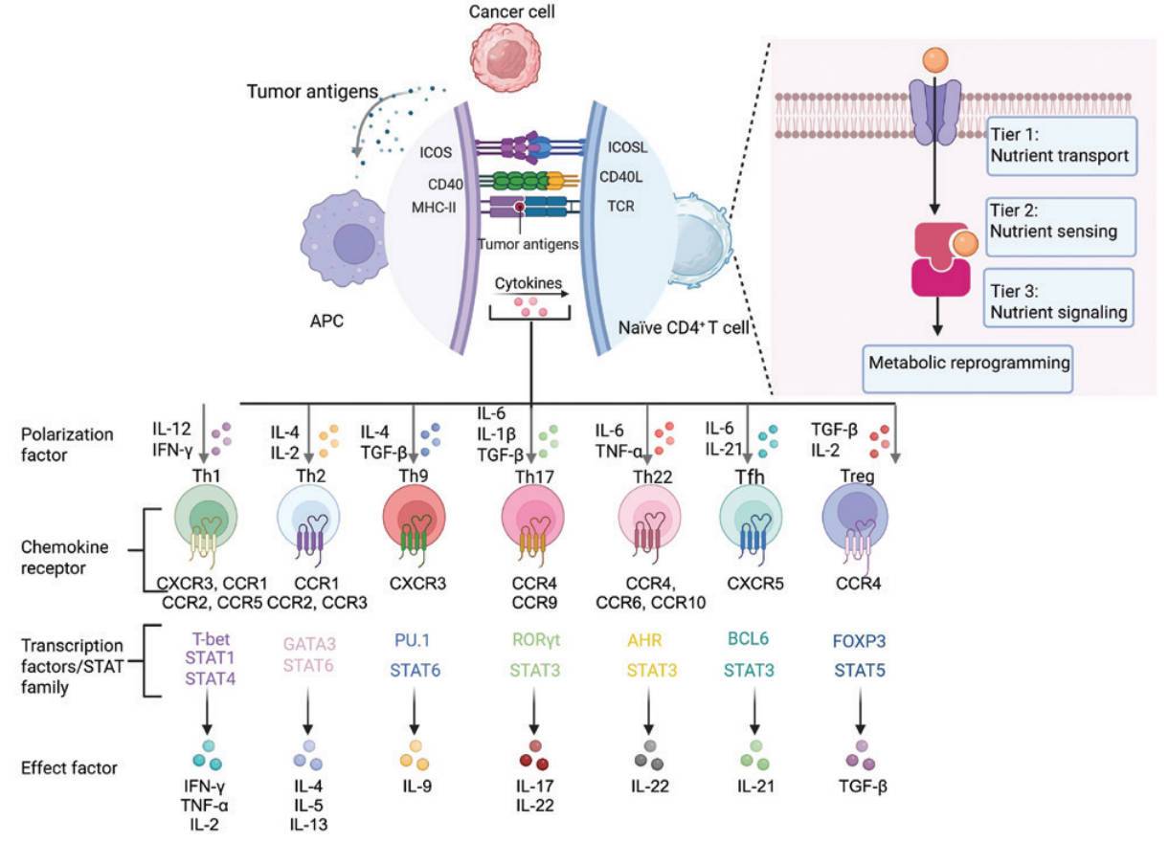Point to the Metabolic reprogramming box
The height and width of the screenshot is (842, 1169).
(966, 364)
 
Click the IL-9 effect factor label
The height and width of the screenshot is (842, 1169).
(416, 787)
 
